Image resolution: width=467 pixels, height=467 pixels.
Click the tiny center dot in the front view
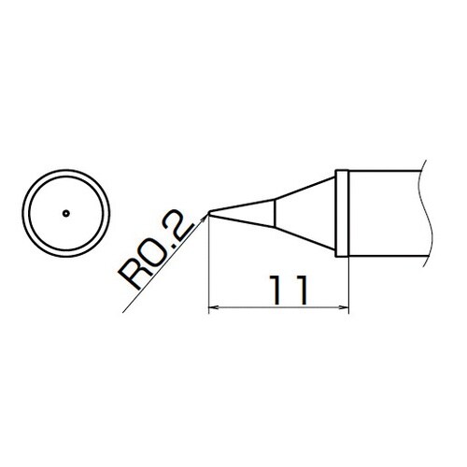coord(66,213)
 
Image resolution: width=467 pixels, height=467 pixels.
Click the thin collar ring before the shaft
coord(344,213)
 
